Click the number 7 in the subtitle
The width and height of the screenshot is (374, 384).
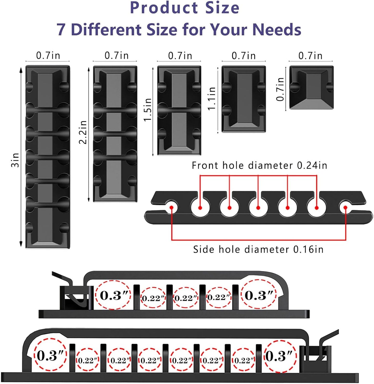pos(61,29)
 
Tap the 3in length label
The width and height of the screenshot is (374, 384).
pos(15,160)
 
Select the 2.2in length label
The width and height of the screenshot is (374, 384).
pos(83,132)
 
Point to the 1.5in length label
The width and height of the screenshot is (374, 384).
pos(148,110)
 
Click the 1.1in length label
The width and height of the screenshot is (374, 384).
pos(212,99)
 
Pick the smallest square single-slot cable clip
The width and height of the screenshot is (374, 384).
pos(311,88)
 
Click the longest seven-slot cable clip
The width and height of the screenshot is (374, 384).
pos(48,157)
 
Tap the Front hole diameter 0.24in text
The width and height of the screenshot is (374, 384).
pos(259,165)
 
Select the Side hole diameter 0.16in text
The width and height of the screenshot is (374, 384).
pos(258,249)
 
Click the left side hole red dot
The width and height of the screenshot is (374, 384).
pos(172,207)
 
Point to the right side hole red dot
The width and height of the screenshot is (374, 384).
pos(346,207)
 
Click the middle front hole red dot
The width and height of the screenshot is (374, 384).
pos(258,208)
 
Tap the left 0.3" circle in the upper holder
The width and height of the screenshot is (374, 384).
pos(113,295)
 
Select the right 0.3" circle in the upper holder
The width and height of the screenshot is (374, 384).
pos(259,295)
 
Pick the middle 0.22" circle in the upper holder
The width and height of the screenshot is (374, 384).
pos(186,298)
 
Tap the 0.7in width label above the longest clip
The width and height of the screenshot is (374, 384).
pos(48,56)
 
